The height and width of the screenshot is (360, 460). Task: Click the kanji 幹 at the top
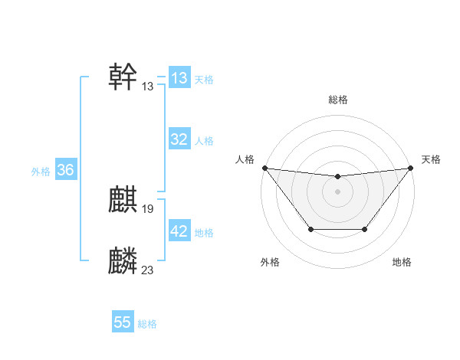123,77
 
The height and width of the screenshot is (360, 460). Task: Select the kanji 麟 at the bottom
123,261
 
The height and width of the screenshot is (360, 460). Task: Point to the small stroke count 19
148,208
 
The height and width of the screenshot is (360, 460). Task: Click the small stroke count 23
148,269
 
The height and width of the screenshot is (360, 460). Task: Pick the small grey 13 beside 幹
148,87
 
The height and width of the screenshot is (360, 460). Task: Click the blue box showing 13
179,78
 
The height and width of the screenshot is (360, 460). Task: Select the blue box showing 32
179,139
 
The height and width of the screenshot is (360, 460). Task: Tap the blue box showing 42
179,231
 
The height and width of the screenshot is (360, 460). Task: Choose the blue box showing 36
65,170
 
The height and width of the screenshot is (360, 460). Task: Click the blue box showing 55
123,322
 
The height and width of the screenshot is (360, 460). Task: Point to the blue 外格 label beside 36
41,172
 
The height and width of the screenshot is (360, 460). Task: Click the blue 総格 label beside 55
147,324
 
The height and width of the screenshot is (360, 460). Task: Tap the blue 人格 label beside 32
204,141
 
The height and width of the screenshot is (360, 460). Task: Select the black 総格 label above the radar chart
337,100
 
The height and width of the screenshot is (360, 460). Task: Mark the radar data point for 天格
410,168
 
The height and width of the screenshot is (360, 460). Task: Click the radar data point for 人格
264,168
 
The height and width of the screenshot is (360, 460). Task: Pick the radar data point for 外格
310,229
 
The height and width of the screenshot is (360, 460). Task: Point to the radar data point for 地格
364,229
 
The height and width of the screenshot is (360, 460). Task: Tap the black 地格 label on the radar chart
402,263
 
